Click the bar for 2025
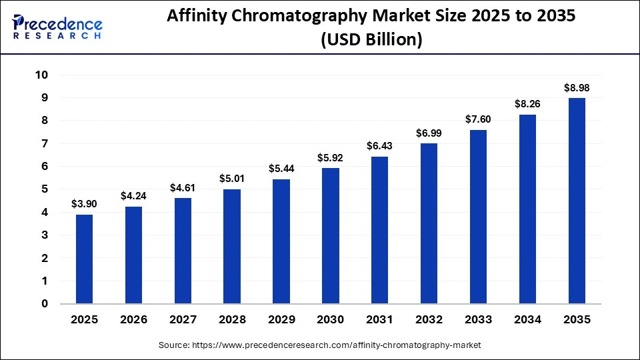tap(84, 259)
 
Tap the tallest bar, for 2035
tap(576, 201)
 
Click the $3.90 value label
tap(84, 204)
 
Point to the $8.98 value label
tap(576, 87)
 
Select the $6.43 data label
tap(379, 146)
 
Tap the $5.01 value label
tap(231, 179)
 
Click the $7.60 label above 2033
tap(478, 119)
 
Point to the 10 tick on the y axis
tap(41, 75)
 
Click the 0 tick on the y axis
tap(45, 304)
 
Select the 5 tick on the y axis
tap(45, 189)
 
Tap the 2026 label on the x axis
tap(133, 320)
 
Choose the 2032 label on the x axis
tap(429, 320)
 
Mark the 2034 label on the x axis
tap(527, 320)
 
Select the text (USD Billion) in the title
tap(371, 40)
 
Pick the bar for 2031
tap(379, 230)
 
